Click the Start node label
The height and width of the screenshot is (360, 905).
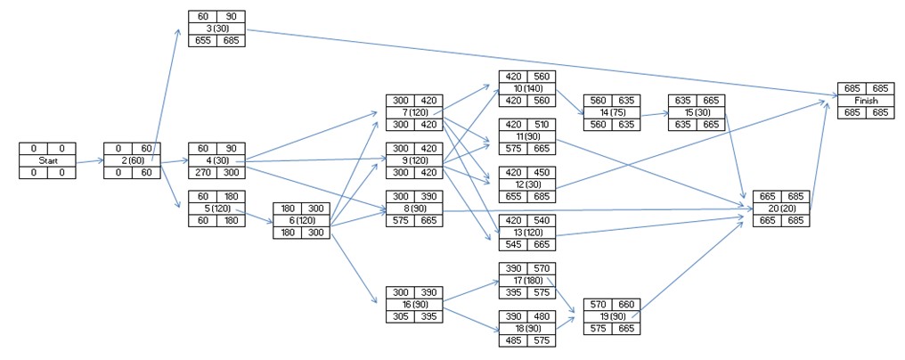coord(47,160)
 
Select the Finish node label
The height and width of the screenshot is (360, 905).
coord(865,101)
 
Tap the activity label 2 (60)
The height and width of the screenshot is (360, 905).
coord(131,160)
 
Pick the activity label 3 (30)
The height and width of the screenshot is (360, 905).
coord(216,29)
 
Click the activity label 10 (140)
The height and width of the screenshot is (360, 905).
coord(527,88)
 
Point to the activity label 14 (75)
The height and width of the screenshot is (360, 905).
coord(611,112)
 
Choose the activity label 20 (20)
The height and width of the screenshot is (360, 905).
coord(780,208)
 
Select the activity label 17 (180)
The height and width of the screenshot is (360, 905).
coord(527,280)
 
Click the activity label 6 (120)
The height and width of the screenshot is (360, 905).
coord(301,219)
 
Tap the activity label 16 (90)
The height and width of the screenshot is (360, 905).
coord(413,304)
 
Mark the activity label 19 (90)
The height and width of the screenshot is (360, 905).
coord(611,315)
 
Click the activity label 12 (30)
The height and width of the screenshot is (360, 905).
coord(527,184)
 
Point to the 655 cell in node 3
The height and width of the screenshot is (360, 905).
coord(202,41)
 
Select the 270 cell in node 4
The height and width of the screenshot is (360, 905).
coord(202,172)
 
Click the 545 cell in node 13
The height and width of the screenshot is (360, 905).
coord(513,244)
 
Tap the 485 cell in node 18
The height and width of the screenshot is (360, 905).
coord(513,340)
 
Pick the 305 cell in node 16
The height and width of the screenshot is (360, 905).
coord(399,316)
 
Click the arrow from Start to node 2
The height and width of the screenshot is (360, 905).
coord(89,161)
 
